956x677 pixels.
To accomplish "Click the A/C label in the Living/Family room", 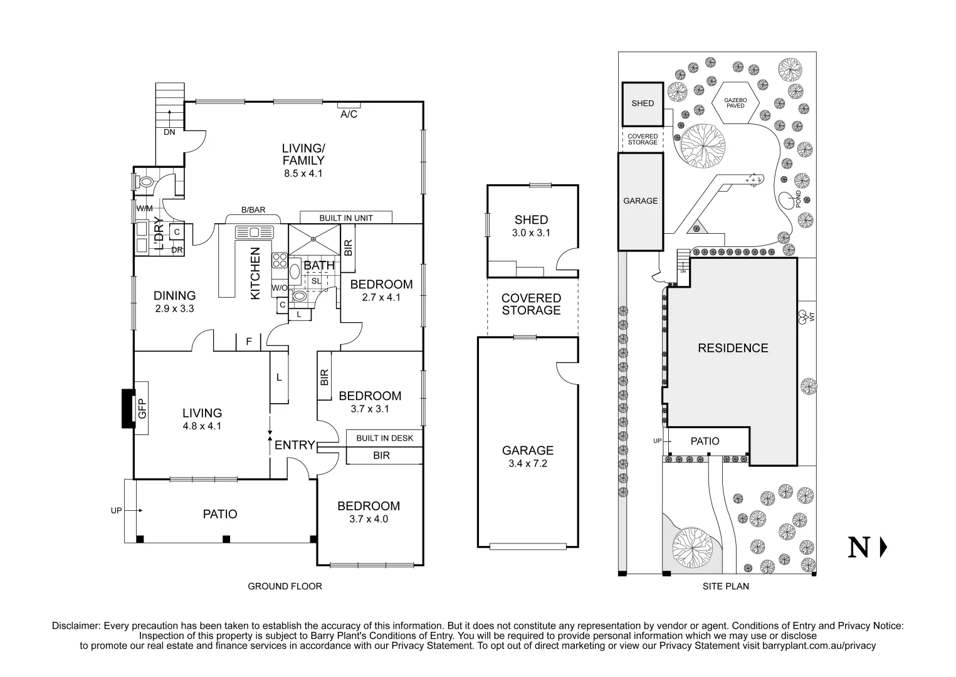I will (x=349, y=115).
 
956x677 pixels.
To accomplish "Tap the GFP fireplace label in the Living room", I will (x=142, y=409).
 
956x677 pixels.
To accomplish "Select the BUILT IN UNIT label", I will (x=346, y=218).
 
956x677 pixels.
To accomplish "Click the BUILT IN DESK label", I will (x=384, y=438).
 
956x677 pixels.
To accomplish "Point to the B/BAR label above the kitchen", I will (x=253, y=210).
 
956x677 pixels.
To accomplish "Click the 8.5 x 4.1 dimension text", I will (x=303, y=174).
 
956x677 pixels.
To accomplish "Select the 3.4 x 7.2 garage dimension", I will (x=527, y=464).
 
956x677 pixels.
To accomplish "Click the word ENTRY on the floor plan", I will (x=295, y=445).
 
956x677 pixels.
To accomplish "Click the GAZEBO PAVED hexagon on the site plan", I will (x=735, y=103).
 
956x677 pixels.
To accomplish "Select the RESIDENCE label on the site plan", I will (x=733, y=348).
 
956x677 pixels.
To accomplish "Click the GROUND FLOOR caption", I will (x=285, y=587).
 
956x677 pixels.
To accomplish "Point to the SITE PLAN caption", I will (x=725, y=587).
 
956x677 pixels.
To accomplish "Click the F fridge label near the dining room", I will (x=249, y=342).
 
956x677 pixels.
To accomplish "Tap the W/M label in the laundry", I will (x=144, y=208).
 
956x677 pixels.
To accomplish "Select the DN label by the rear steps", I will (x=169, y=132).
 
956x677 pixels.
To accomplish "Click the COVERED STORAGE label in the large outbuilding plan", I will (x=531, y=305).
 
